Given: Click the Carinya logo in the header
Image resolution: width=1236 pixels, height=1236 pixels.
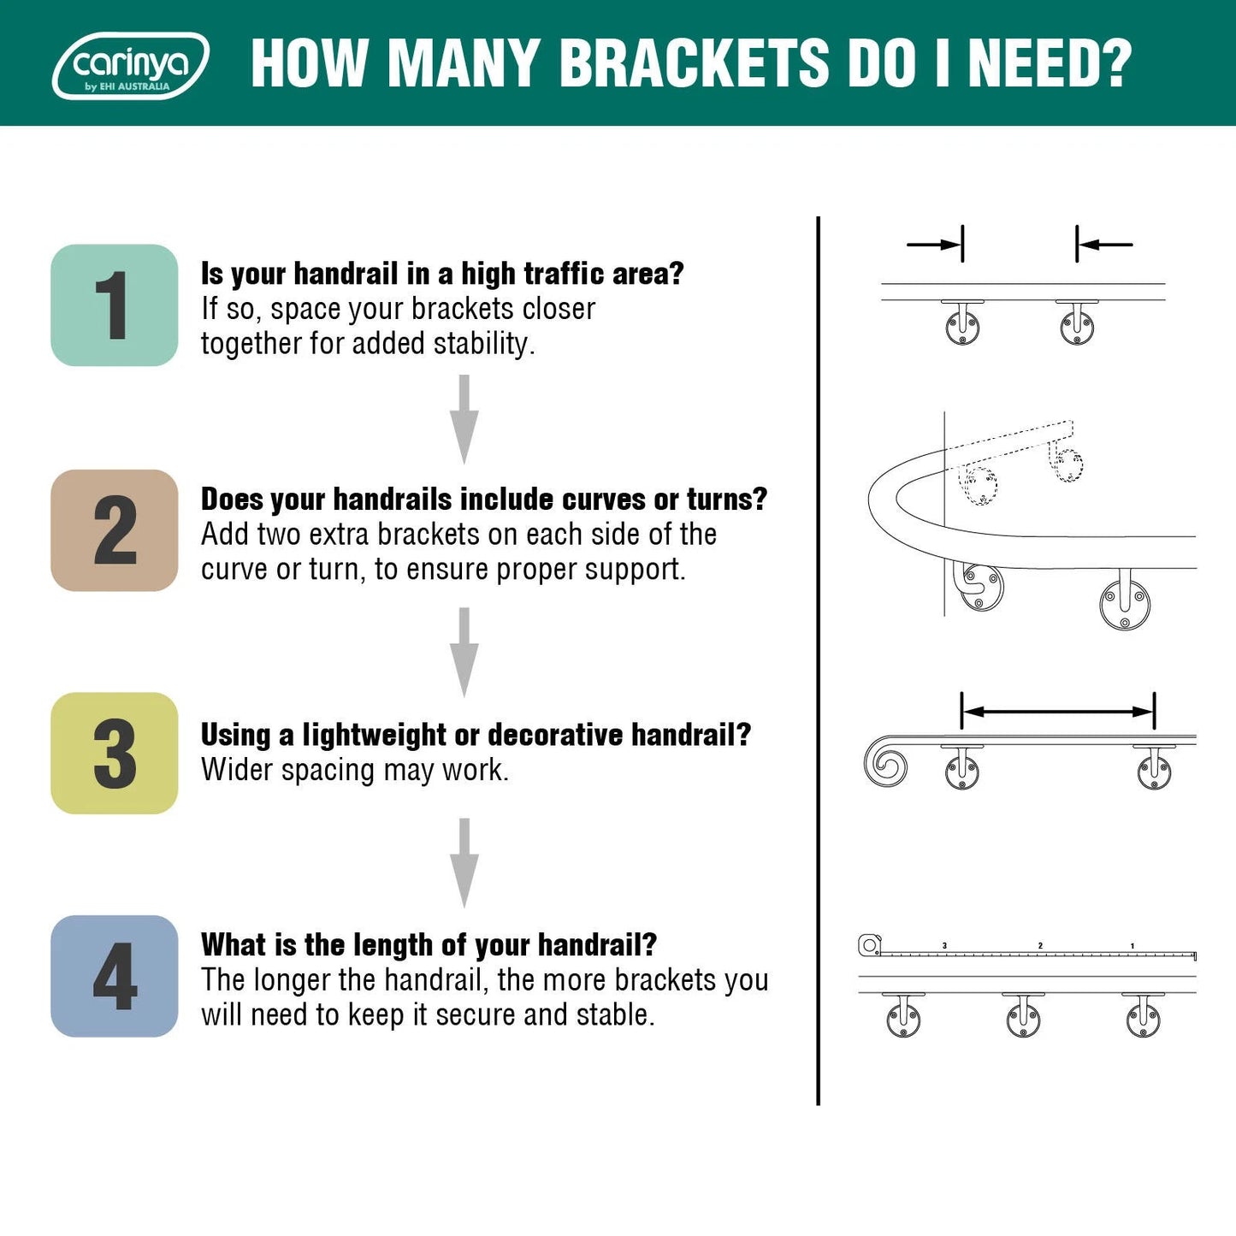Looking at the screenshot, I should click(130, 66).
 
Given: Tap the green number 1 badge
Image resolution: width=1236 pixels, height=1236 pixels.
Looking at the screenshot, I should click(115, 305).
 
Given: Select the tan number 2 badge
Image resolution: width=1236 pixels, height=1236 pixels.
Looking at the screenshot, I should click(115, 530).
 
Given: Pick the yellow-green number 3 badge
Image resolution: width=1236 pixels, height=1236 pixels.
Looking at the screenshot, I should click(115, 753).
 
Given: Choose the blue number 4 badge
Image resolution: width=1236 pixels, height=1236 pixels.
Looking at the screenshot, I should click(115, 976).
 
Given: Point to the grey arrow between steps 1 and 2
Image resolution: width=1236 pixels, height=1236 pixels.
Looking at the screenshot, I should click(464, 419).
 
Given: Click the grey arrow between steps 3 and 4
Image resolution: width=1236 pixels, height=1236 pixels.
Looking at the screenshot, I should click(464, 862).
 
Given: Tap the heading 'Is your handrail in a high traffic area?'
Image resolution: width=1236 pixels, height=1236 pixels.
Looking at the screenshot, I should click(442, 274).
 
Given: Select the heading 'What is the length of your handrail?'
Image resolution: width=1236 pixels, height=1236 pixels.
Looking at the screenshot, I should click(429, 945).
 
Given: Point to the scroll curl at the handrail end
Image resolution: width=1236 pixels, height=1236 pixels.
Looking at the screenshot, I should click(885, 761).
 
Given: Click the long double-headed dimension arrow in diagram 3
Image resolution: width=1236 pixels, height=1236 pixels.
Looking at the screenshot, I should click(1058, 711).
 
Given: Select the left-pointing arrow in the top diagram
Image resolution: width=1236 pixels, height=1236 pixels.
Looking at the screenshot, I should click(1104, 245).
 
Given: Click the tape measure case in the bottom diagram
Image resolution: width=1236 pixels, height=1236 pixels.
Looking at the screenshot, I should click(869, 945).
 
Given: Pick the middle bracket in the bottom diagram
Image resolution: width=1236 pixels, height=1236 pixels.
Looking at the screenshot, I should click(1023, 1015).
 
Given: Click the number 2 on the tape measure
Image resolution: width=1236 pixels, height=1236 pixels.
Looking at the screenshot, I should click(1040, 945).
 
